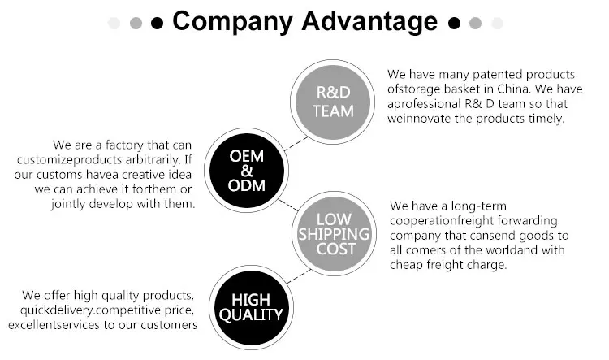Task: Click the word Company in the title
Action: pyautogui.click(x=226, y=21)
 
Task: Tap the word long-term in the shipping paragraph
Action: pyautogui.click(x=477, y=206)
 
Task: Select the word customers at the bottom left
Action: pyautogui.click(x=169, y=325)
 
